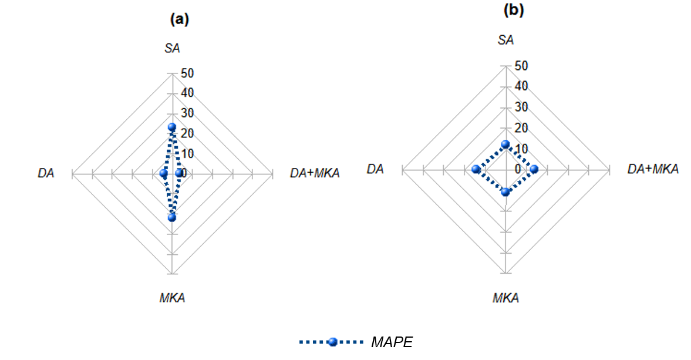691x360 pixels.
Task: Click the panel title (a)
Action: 179,19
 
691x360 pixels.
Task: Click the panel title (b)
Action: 513,10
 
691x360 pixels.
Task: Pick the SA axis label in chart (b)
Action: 505,40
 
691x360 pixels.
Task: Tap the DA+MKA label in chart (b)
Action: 653,169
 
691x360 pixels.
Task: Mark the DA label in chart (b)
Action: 375,169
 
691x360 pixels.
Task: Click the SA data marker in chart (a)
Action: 172,127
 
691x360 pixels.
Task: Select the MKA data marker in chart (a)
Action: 172,217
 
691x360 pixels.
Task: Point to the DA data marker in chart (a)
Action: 164,173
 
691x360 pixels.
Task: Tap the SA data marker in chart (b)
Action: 505,144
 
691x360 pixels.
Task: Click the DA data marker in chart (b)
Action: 476,170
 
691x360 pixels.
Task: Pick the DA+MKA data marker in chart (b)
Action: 534,170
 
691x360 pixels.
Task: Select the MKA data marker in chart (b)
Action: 505,191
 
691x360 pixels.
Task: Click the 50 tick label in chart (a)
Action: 188,73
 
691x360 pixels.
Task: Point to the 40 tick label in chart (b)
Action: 521,86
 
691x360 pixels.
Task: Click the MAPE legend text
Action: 392,342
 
